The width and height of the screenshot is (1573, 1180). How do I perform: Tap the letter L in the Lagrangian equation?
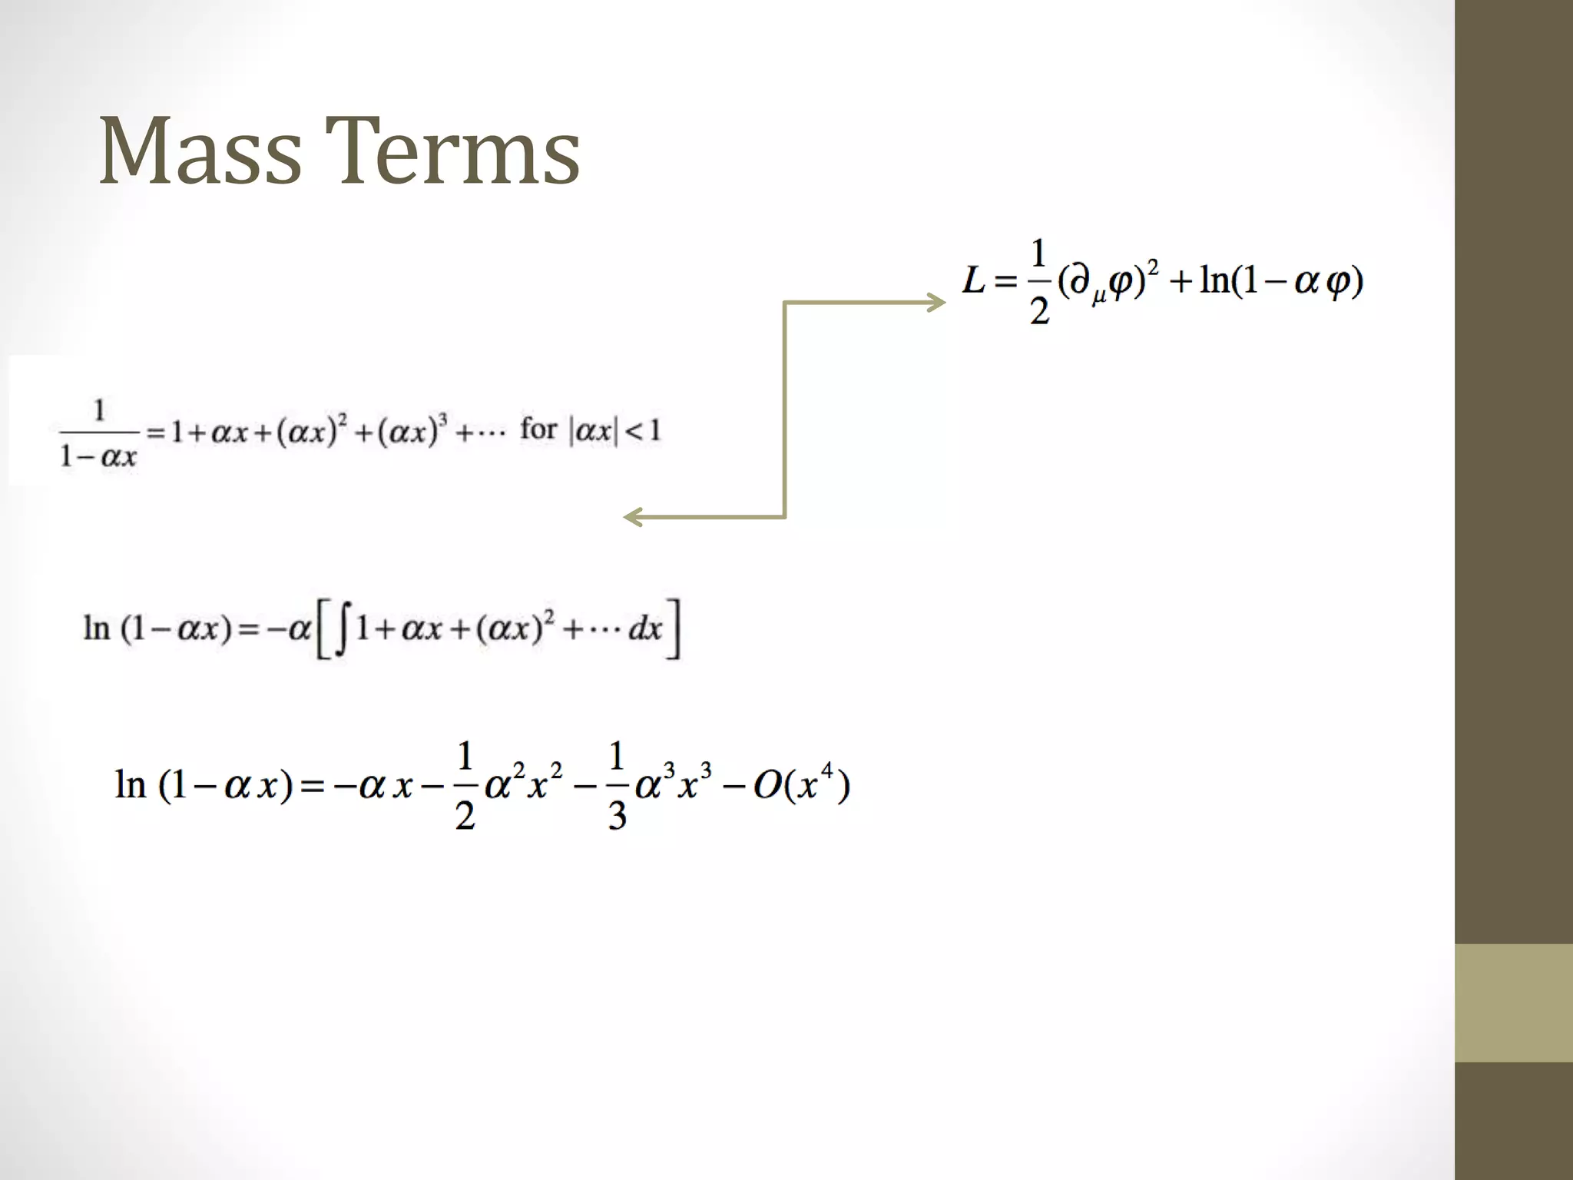tap(973, 280)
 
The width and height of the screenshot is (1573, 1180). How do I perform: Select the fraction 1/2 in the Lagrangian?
tap(1038, 282)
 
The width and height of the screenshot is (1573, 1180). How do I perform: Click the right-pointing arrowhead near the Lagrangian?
tap(937, 303)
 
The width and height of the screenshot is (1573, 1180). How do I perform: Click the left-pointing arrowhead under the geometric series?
tap(632, 517)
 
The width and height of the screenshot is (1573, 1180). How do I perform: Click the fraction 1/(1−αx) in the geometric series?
tap(98, 433)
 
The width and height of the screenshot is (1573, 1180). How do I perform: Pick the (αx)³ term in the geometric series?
tap(412, 430)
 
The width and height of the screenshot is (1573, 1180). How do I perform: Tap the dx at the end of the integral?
tap(644, 629)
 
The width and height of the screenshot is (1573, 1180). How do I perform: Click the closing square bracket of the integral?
tap(674, 629)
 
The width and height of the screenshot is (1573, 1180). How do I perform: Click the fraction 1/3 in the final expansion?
tap(617, 785)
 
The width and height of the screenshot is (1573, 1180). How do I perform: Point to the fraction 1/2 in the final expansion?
tap(465, 785)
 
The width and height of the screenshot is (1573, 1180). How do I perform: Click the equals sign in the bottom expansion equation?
tap(312, 786)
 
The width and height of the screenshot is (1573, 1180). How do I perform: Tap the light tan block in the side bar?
tap(1513, 1003)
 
